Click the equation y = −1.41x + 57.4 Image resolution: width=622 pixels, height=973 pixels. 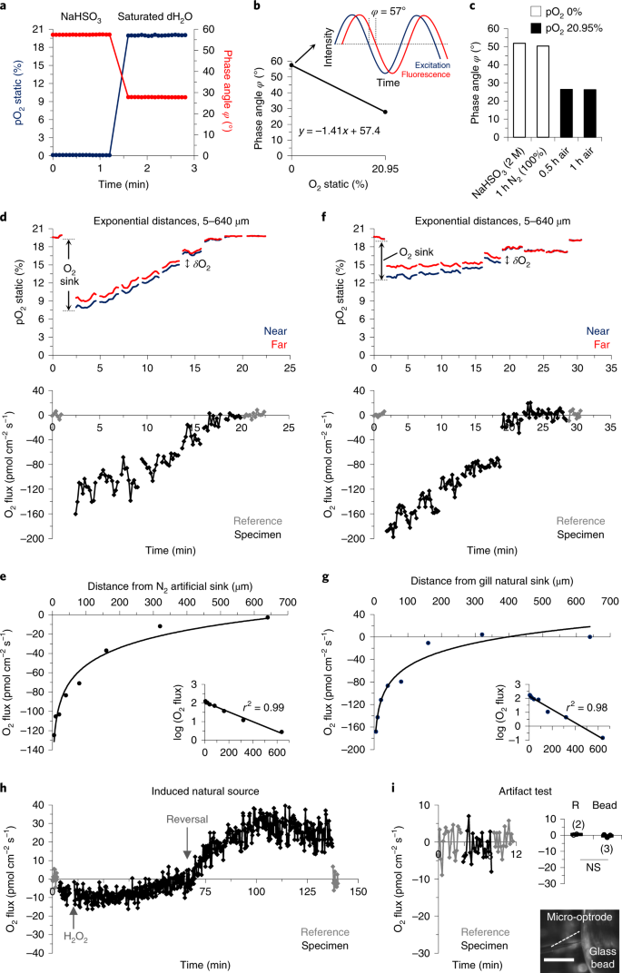tap(341, 132)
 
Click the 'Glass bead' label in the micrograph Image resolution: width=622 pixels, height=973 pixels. tap(591, 945)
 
